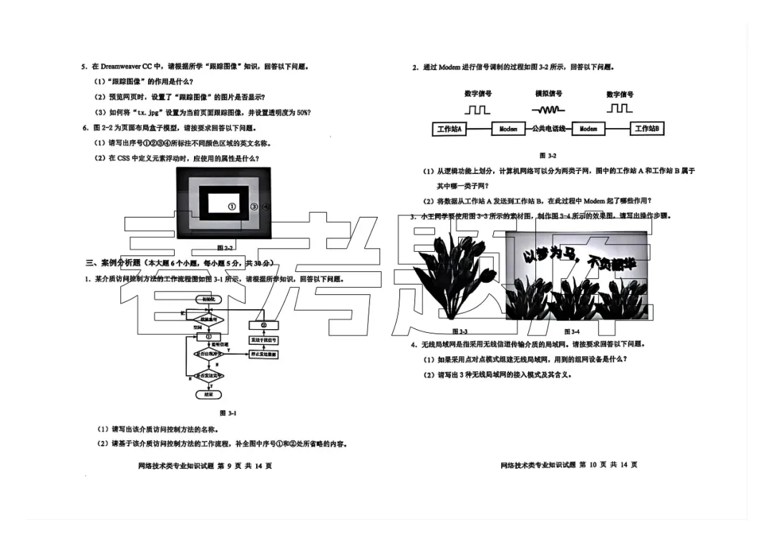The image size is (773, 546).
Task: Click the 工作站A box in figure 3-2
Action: point(449,129)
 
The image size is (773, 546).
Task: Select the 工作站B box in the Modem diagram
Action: point(646,129)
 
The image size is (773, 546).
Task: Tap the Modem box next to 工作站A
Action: point(508,129)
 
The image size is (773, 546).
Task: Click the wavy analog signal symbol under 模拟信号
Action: point(548,109)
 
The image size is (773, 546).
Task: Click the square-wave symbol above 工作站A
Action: point(477,109)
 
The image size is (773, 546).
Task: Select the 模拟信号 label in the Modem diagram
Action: point(548,94)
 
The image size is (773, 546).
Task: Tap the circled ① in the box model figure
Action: point(232,206)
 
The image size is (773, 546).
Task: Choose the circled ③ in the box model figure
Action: point(254,206)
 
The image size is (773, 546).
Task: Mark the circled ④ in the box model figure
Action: point(266,206)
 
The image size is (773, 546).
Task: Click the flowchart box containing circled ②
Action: point(263,326)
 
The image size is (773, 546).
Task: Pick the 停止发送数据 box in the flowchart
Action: point(263,354)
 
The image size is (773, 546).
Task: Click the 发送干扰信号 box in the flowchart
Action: point(263,340)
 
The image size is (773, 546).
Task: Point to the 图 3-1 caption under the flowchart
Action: point(228,413)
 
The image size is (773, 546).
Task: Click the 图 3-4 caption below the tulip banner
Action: point(572,331)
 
